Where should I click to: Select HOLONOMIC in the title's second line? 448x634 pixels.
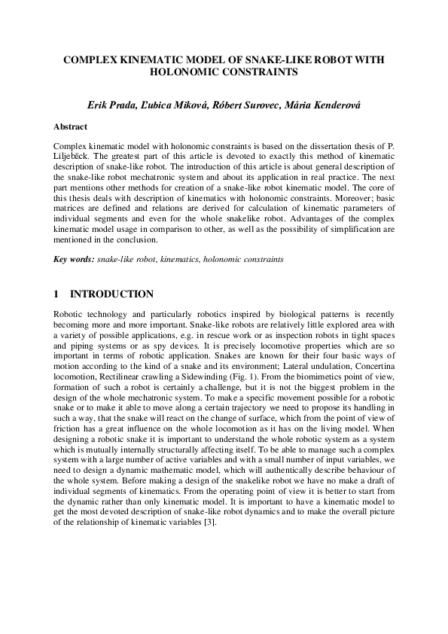pyautogui.click(x=184, y=72)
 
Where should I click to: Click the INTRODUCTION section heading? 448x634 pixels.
pyautogui.click(x=111, y=294)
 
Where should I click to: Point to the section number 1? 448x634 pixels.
pyautogui.click(x=56, y=294)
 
